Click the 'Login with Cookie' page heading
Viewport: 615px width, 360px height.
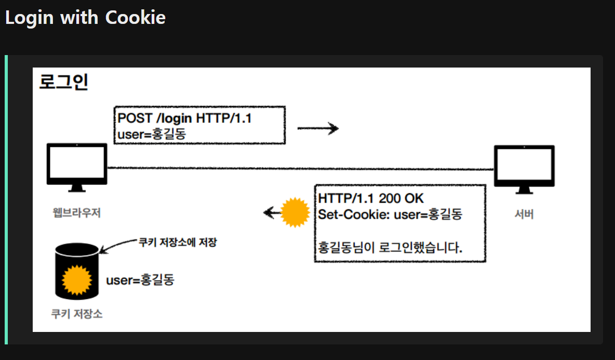pos(85,18)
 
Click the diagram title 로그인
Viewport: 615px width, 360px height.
pos(64,82)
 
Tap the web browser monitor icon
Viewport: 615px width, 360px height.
pos(77,164)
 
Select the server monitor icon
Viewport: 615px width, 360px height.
pos(524,167)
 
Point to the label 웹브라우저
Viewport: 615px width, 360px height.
pos(77,213)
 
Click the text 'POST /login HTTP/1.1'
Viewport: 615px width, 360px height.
pos(184,118)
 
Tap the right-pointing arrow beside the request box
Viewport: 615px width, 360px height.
pos(317,128)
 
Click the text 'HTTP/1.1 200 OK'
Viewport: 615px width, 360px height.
pos(371,198)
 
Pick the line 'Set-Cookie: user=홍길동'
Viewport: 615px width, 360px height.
pos(390,214)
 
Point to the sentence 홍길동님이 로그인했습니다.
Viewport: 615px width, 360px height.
pos(390,247)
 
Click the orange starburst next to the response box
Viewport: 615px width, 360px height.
pos(295,213)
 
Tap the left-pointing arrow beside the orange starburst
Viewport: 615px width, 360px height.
pos(270,212)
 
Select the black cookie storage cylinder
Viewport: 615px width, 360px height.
pos(76,271)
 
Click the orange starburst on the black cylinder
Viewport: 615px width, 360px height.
pos(76,281)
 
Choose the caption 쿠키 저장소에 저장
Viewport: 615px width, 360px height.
pos(177,243)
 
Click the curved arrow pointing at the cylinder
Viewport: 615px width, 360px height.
pos(117,245)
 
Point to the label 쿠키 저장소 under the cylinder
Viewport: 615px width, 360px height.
pos(77,314)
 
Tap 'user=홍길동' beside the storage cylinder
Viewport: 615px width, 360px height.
pos(140,281)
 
